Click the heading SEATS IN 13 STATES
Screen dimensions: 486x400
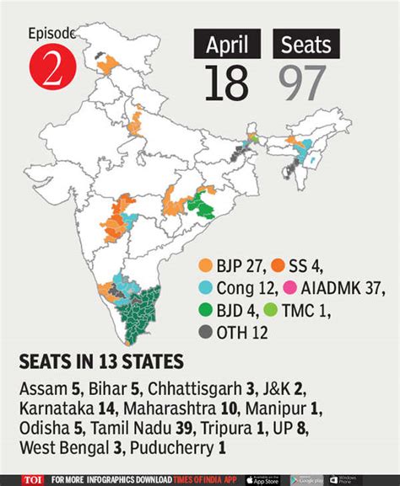click(x=101, y=362)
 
